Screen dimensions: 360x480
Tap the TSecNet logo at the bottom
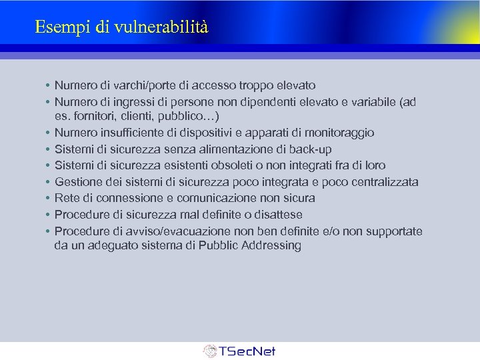pyautogui.click(x=239, y=351)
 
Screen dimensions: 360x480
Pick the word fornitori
pyautogui.click(x=93, y=117)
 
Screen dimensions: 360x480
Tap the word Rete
pyautogui.click(x=67, y=198)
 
